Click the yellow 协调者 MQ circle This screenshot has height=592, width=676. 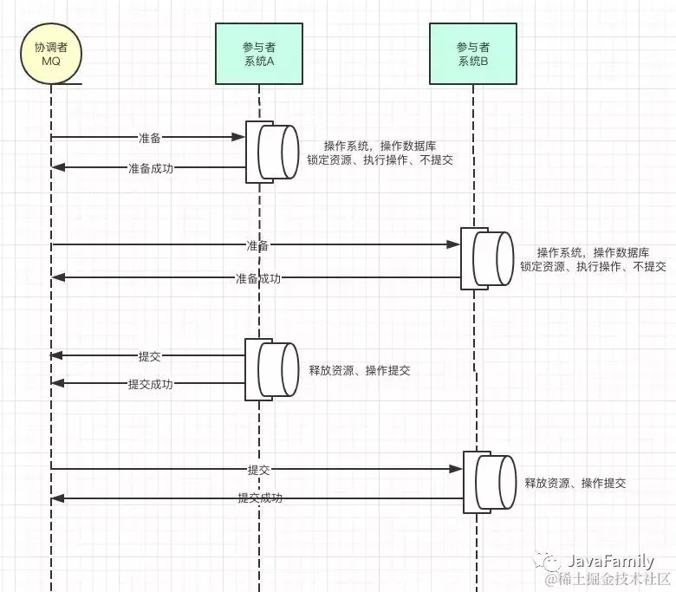pyautogui.click(x=51, y=54)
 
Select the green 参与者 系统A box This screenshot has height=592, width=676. pyautogui.click(x=259, y=54)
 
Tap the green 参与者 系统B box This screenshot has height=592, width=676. pyautogui.click(x=473, y=54)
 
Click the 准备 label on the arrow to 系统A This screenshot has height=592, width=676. pyautogui.click(x=150, y=138)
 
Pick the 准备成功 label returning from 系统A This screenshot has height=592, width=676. pyautogui.click(x=151, y=168)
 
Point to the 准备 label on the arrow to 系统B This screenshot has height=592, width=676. pyautogui.click(x=257, y=245)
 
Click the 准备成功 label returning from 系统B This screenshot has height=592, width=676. pyautogui.click(x=258, y=278)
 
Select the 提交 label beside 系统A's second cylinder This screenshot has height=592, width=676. pyautogui.click(x=150, y=356)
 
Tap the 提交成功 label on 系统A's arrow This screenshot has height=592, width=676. pyautogui.click(x=151, y=384)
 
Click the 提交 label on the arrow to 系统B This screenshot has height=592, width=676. pyautogui.click(x=258, y=470)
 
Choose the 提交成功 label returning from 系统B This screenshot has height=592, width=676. pyautogui.click(x=260, y=498)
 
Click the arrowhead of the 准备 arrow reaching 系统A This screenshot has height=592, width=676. pyautogui.click(x=238, y=137)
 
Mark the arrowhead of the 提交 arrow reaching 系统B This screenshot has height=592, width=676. pyautogui.click(x=456, y=469)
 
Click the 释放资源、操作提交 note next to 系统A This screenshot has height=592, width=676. pyautogui.click(x=360, y=370)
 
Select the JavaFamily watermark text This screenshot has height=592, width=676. pyautogui.click(x=609, y=561)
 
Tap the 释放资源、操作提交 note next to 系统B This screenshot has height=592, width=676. pyautogui.click(x=575, y=483)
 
